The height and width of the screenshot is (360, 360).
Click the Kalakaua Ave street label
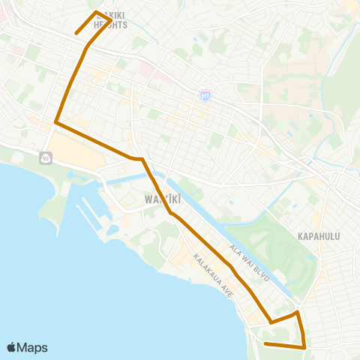(x=214, y=275)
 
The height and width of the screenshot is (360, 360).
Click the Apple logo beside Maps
(x=11, y=347)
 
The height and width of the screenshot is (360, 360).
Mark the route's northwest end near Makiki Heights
(x=76, y=34)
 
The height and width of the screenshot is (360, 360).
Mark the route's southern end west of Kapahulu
(x=265, y=343)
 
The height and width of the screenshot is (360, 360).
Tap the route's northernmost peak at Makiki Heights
(x=95, y=12)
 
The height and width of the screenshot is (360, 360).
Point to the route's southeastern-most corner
(x=304, y=347)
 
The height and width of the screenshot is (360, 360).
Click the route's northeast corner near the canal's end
(x=298, y=312)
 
